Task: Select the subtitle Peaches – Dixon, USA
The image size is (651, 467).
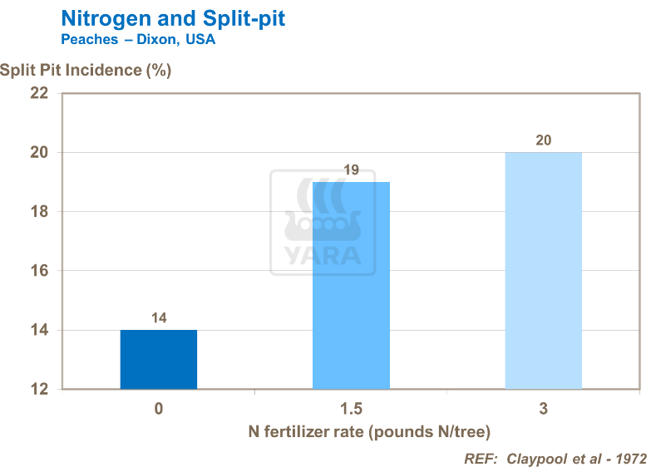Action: pyautogui.click(x=138, y=40)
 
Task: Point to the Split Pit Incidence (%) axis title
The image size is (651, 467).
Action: pyautogui.click(x=86, y=70)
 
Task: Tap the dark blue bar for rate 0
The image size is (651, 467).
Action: pyautogui.click(x=159, y=360)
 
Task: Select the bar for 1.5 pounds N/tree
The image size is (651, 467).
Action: pyautogui.click(x=351, y=285)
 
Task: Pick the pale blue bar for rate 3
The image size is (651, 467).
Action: pyautogui.click(x=543, y=271)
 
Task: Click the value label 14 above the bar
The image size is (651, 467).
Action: pyautogui.click(x=159, y=318)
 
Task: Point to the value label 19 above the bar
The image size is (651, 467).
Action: pyautogui.click(x=351, y=170)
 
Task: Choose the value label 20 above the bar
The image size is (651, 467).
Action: pyautogui.click(x=543, y=140)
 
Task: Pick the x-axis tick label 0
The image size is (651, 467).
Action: pyautogui.click(x=159, y=409)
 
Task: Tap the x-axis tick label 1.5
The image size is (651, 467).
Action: pyautogui.click(x=351, y=409)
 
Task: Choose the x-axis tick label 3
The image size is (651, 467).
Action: pyautogui.click(x=543, y=409)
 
